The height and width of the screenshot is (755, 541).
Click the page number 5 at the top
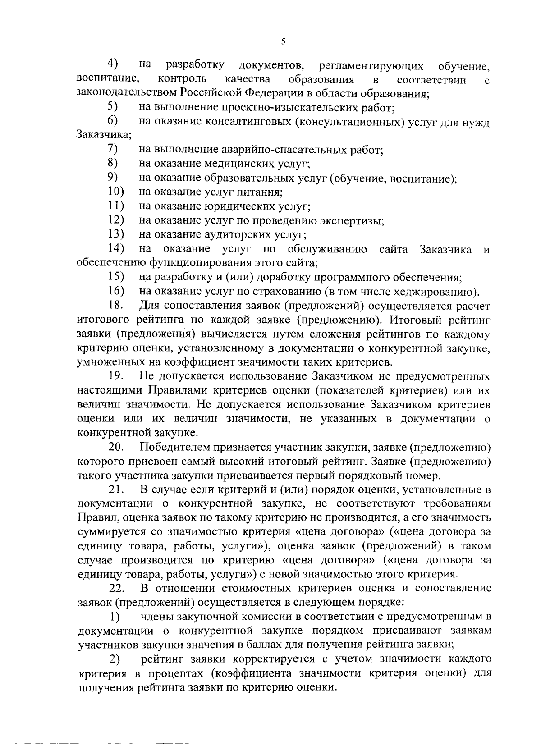pos(283,41)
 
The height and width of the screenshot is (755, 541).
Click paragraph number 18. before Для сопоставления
pos(116,306)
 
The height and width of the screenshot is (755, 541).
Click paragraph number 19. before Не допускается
pos(116,376)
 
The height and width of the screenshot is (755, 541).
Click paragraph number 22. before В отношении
pos(118,588)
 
